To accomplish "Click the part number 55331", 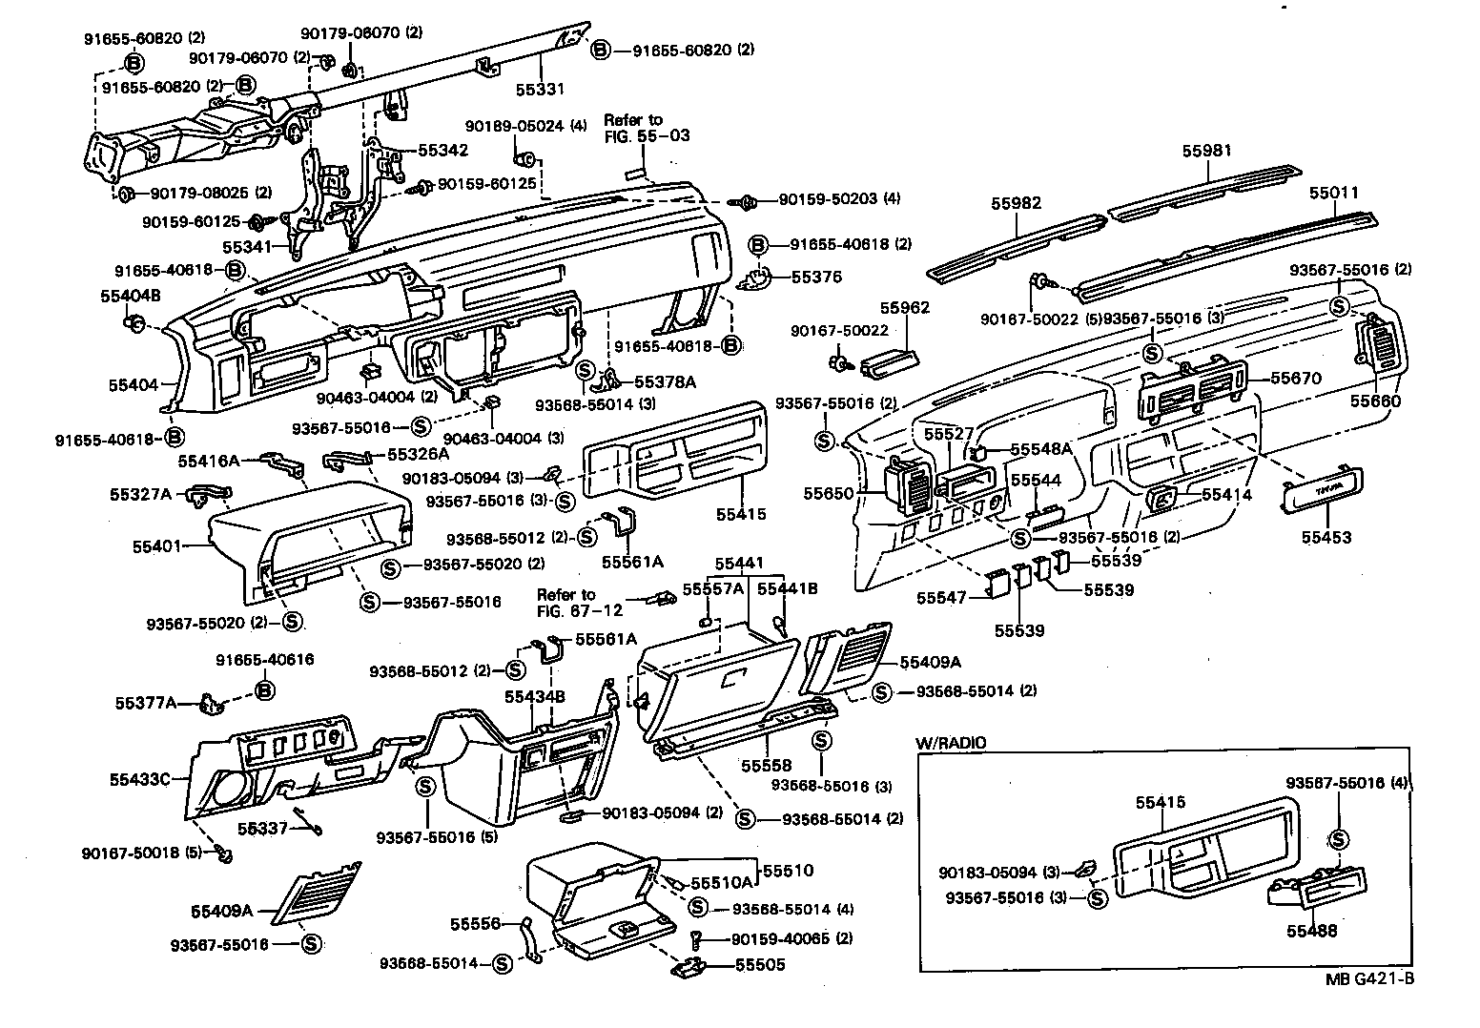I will pyautogui.click(x=541, y=90).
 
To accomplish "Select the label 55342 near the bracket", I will pyautogui.click(x=442, y=150).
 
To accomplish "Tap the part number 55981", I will pyautogui.click(x=1207, y=151).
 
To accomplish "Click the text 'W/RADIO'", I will pyautogui.click(x=951, y=743).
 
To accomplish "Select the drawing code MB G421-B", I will pyautogui.click(x=1368, y=979).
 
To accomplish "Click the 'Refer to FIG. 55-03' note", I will pyautogui.click(x=633, y=128).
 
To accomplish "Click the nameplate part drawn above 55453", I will pyautogui.click(x=1322, y=489).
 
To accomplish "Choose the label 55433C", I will pyautogui.click(x=140, y=779).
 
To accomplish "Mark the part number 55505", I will pyautogui.click(x=760, y=965).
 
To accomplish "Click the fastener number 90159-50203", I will pyautogui.click(x=826, y=199).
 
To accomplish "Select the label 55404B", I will pyautogui.click(x=129, y=297).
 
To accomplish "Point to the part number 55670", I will pyautogui.click(x=1296, y=379).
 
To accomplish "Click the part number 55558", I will pyautogui.click(x=767, y=766).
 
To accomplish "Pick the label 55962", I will pyautogui.click(x=904, y=308).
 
